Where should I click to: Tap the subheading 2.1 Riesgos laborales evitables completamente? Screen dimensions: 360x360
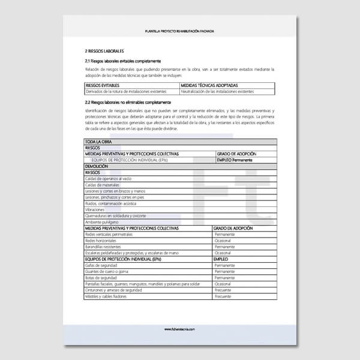click(x=122, y=61)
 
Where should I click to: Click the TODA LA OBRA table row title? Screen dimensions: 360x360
click(x=99, y=142)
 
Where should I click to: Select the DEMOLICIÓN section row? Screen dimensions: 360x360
click(x=97, y=166)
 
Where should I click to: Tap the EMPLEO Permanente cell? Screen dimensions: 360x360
click(x=235, y=160)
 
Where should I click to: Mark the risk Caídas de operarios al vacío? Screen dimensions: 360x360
click(x=109, y=179)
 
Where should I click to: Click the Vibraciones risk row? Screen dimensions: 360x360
click(x=95, y=210)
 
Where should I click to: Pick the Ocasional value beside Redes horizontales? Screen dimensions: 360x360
click(x=223, y=241)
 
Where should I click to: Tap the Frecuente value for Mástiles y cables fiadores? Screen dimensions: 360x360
click(x=223, y=296)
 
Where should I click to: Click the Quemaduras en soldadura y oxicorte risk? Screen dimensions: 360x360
click(x=116, y=216)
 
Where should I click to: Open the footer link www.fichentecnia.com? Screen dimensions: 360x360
click(x=179, y=329)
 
